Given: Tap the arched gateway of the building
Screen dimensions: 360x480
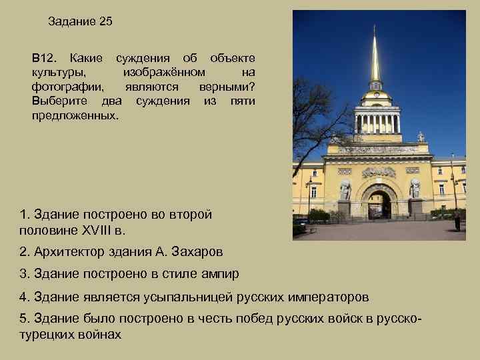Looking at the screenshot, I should (x=378, y=204).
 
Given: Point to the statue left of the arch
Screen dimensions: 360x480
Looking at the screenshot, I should (x=345, y=190).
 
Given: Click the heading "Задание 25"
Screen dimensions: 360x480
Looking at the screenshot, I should (x=81, y=21).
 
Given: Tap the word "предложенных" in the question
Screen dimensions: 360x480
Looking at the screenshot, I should (x=74, y=115).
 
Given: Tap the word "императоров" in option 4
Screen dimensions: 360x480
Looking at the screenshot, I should (x=320, y=296).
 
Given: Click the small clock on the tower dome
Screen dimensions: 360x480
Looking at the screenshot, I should (x=377, y=95).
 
